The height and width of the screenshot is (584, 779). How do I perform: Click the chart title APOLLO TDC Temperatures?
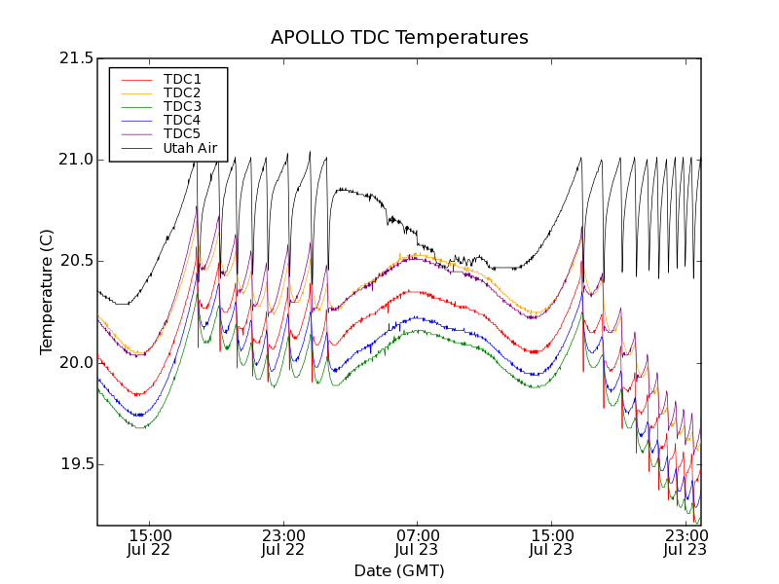pos(399,38)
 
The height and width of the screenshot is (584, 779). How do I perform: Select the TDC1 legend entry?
pos(182,79)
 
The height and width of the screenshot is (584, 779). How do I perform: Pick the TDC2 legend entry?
pos(182,92)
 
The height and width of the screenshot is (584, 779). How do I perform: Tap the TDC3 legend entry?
pos(182,106)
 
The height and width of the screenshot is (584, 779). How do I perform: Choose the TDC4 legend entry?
pos(182,120)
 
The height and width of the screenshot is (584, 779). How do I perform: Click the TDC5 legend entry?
pos(182,133)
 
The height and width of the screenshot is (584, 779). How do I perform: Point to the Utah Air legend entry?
pos(190,148)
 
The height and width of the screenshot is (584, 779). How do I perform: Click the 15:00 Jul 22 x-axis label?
pos(150,542)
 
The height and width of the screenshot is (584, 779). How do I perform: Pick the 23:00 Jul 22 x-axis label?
pos(283,542)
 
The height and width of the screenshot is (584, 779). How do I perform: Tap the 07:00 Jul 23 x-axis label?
pos(418,542)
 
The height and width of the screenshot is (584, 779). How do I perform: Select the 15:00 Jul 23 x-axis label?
pos(551,542)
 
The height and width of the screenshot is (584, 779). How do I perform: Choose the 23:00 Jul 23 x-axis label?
pos(686,542)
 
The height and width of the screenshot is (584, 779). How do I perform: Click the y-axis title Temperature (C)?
pos(47,292)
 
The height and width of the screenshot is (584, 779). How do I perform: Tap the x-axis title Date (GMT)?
pos(399,570)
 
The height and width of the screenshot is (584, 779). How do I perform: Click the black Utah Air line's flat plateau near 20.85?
pos(347,190)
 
